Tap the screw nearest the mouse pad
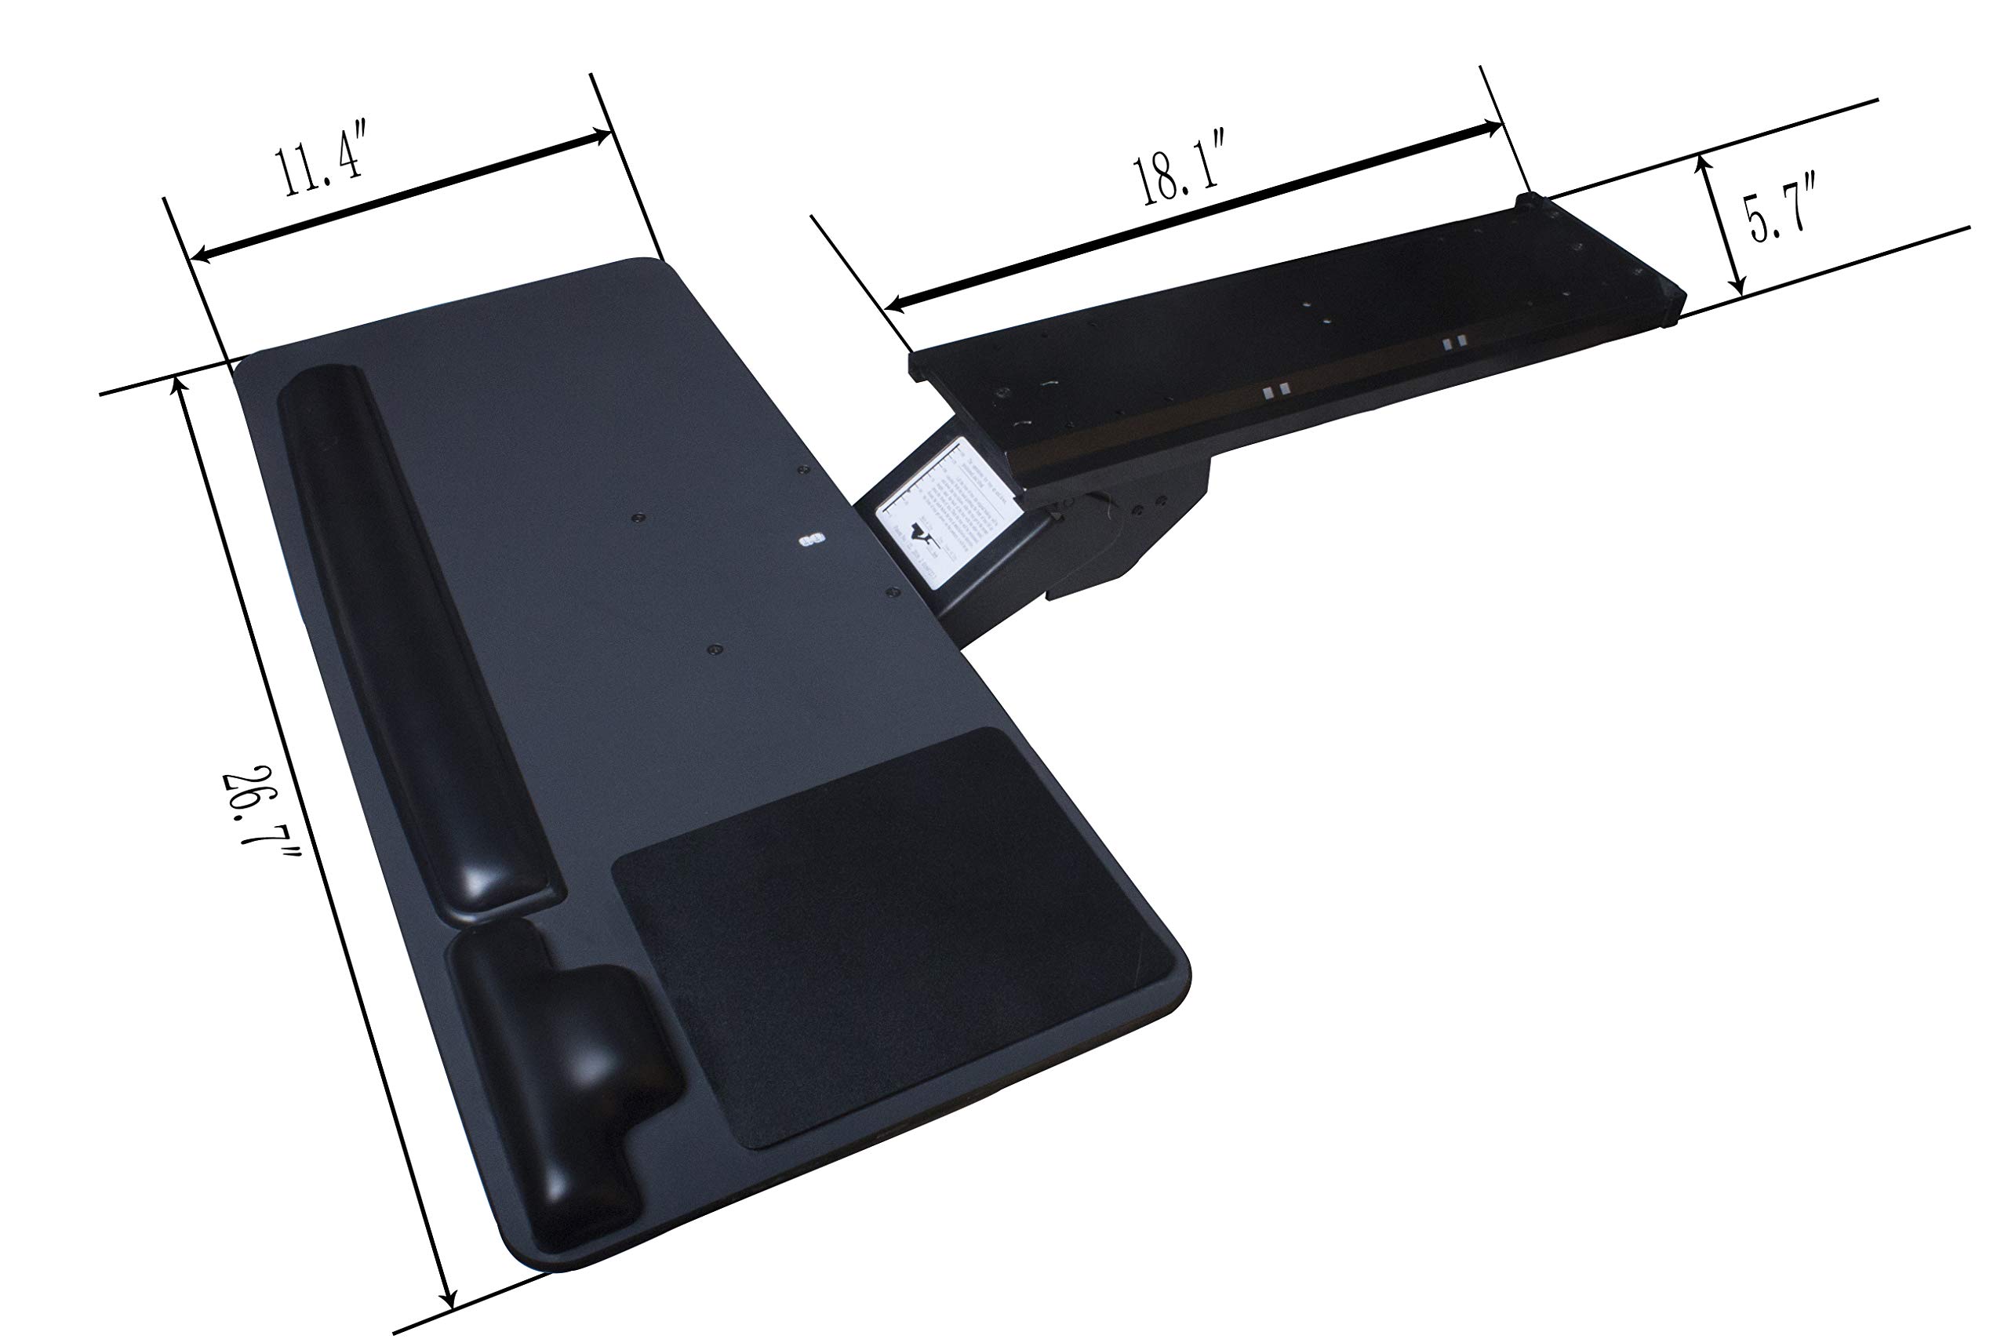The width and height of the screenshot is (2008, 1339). [x=714, y=649]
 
